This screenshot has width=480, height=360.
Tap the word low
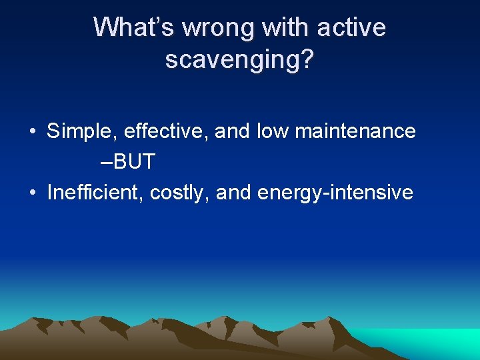(x=273, y=131)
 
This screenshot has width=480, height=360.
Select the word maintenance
(x=355, y=131)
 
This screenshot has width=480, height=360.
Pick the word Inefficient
(x=95, y=193)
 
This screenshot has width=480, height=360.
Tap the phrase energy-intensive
(x=335, y=193)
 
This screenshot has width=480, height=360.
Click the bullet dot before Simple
(x=33, y=132)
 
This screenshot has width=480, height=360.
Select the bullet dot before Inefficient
(x=33, y=193)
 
